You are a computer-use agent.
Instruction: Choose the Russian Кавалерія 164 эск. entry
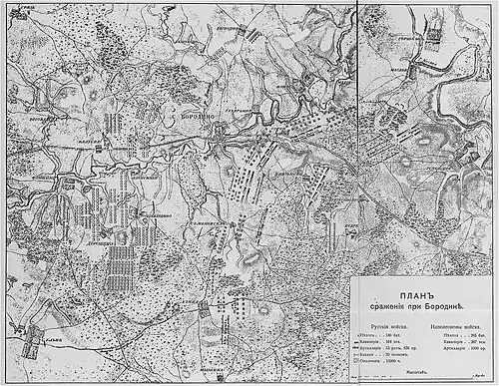coord(383,341)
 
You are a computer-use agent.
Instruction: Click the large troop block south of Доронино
coord(119,264)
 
